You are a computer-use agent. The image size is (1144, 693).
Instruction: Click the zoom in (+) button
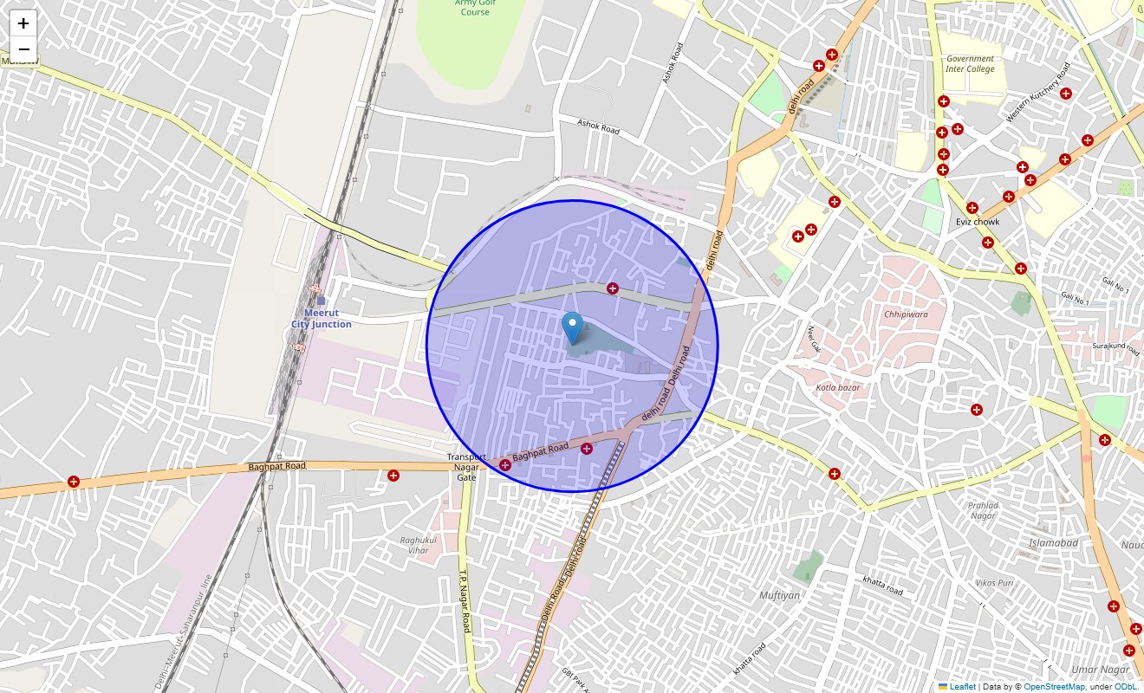pyautogui.click(x=23, y=23)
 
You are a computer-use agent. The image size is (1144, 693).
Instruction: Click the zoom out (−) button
pyautogui.click(x=23, y=49)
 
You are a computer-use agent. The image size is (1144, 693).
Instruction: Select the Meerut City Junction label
pyautogui.click(x=322, y=319)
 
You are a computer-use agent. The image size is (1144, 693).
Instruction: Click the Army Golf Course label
pyautogui.click(x=475, y=8)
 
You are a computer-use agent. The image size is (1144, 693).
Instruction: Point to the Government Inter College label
pyautogui.click(x=970, y=64)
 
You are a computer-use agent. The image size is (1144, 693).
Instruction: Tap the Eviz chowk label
pyautogui.click(x=978, y=222)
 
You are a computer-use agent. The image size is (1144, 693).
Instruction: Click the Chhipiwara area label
pyautogui.click(x=906, y=314)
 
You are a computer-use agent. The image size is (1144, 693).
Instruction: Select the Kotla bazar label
pyautogui.click(x=838, y=387)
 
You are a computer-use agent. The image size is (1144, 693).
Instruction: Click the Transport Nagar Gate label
pyautogui.click(x=466, y=467)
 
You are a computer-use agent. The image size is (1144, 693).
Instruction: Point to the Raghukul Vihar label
pyautogui.click(x=414, y=545)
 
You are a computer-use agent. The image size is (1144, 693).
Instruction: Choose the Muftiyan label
pyautogui.click(x=779, y=595)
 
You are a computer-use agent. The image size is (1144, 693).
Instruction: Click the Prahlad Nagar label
pyautogui.click(x=984, y=510)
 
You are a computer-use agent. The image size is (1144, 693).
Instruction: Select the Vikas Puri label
pyautogui.click(x=994, y=583)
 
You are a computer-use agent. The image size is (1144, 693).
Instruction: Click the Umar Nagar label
pyautogui.click(x=1100, y=670)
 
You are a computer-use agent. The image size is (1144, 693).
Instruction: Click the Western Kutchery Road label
pyautogui.click(x=1038, y=92)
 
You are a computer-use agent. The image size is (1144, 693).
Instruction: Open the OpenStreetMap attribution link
pyautogui.click(x=1054, y=687)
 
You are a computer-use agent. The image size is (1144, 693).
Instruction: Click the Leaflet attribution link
pyautogui.click(x=962, y=687)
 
